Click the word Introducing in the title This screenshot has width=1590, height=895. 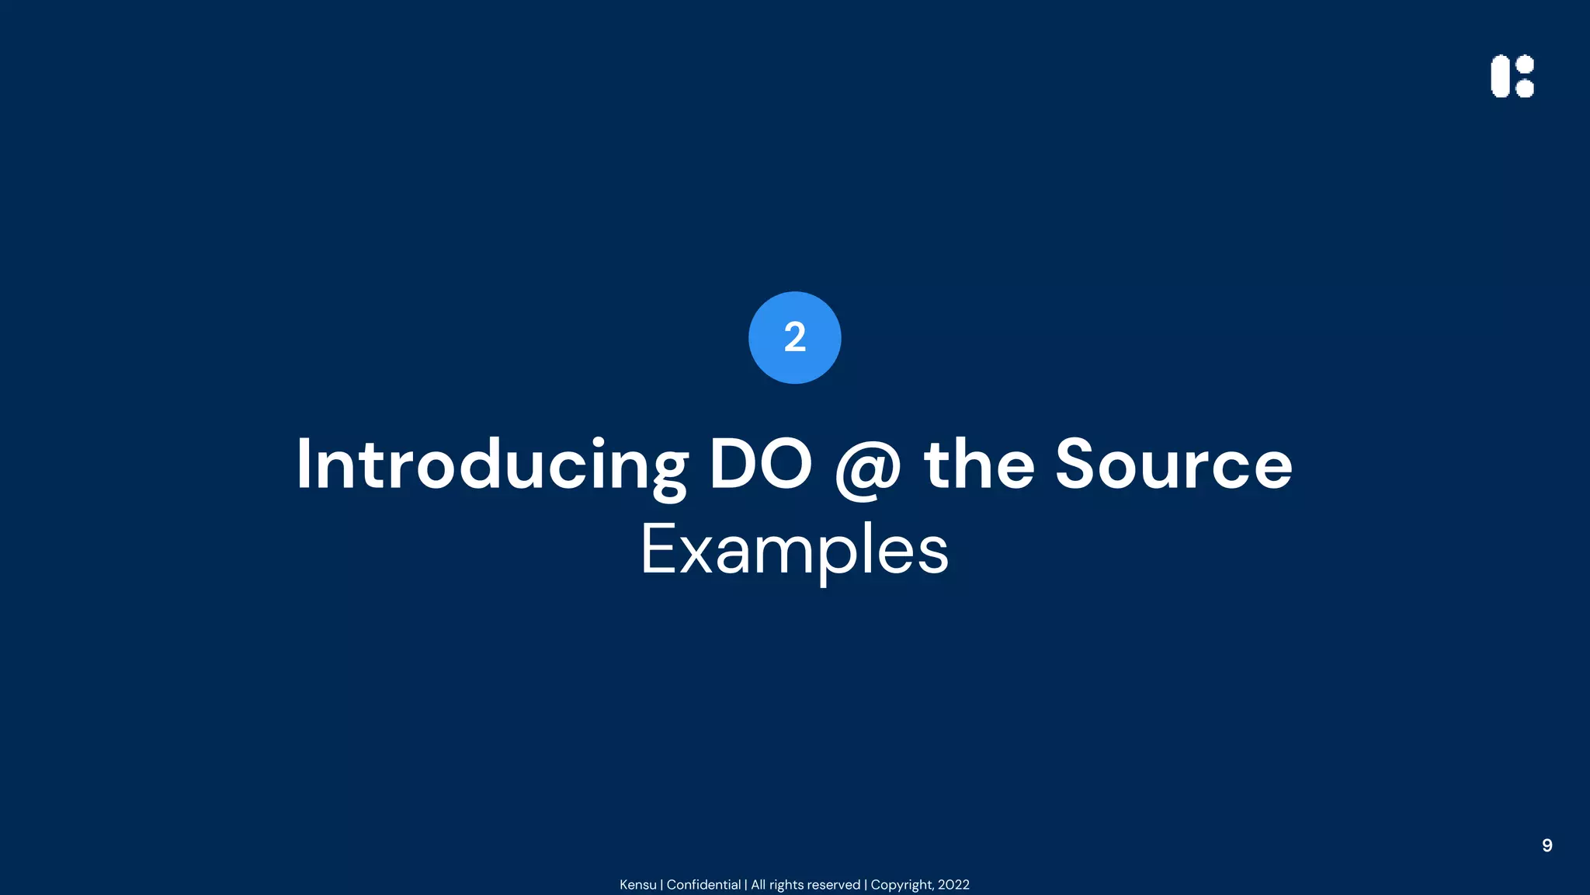click(491, 465)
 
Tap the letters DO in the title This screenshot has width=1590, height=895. click(760, 465)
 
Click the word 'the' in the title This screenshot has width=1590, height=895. click(979, 465)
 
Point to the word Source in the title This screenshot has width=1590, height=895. click(1173, 465)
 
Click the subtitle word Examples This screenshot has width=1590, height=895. click(794, 550)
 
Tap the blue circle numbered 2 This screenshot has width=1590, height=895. click(794, 337)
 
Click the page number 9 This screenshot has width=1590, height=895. click(1547, 845)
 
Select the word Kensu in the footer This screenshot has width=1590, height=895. click(637, 885)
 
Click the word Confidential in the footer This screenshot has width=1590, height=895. click(703, 885)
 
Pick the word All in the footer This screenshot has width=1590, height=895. click(758, 885)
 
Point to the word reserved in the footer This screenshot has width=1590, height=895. click(834, 885)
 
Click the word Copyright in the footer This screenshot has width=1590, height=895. click(901, 885)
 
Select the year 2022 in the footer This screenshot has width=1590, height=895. click(953, 885)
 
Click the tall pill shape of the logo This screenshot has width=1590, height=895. click(1500, 76)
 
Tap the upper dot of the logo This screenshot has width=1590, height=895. click(1525, 64)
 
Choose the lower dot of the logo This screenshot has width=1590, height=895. click(1525, 89)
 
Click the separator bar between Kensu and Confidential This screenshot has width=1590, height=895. click(661, 885)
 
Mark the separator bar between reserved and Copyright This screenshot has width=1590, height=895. click(866, 885)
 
